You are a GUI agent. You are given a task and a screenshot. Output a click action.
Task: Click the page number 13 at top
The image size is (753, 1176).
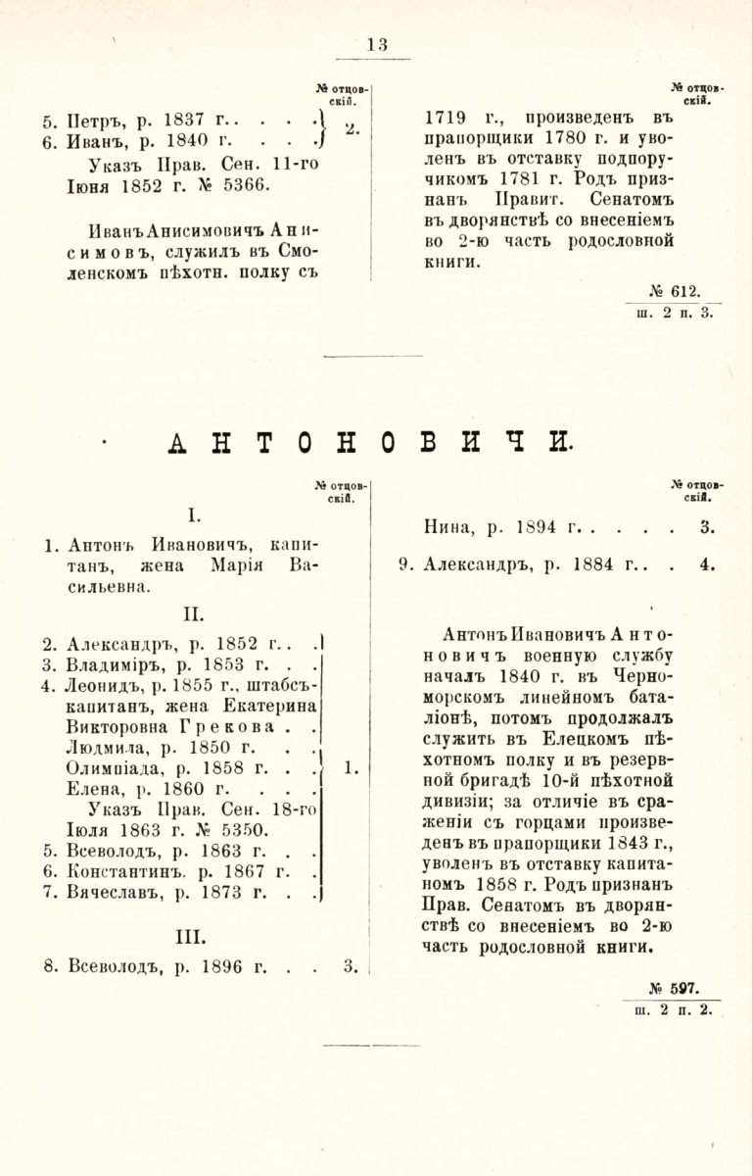(x=377, y=44)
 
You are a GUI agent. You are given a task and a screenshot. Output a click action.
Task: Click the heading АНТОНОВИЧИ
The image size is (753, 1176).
(x=370, y=444)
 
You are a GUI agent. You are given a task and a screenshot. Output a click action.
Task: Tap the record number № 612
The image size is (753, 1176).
(x=675, y=292)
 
